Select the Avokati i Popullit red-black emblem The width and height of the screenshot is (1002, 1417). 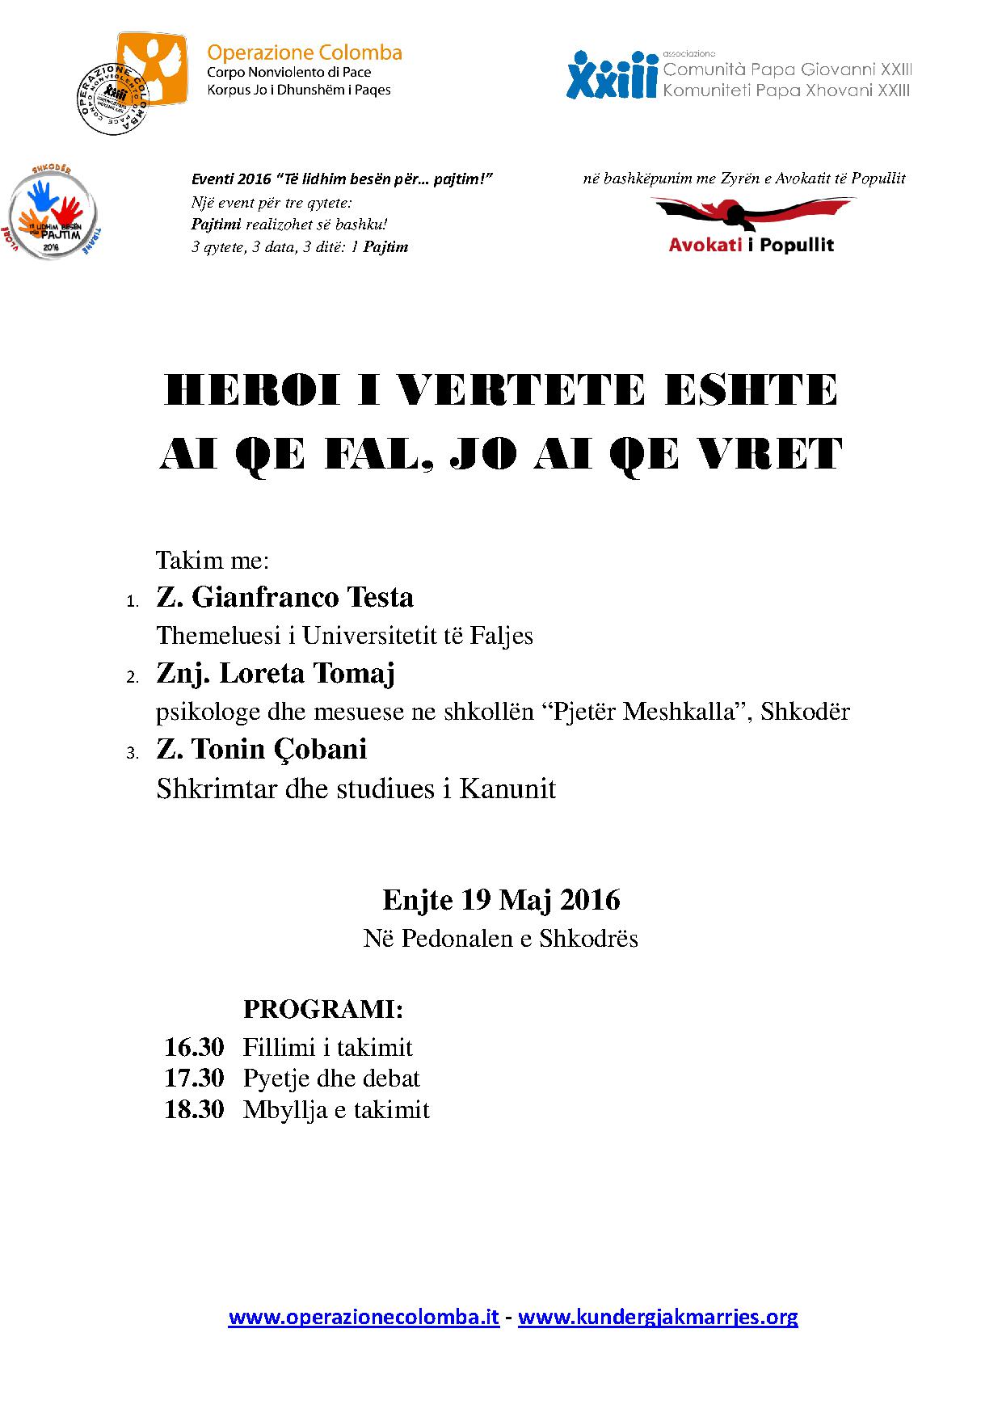pos(751,212)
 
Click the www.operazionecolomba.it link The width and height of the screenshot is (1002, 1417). pos(364,1318)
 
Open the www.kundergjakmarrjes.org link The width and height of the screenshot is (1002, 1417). pos(658,1318)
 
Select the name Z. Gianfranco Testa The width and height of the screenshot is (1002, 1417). pos(284,598)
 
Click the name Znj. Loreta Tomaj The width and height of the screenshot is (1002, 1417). pos(275,674)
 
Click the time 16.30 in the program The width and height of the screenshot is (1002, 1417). pos(194,1048)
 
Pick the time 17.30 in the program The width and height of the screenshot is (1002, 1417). pos(194,1079)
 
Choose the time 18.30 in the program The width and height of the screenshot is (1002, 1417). pos(194,1109)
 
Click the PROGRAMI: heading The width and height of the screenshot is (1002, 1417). pos(323,1010)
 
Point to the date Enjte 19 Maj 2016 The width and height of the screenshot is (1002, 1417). pos(501,900)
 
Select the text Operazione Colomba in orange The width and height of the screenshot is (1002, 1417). pos(305,53)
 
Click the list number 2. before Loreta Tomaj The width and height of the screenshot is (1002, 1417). pos(133,678)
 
